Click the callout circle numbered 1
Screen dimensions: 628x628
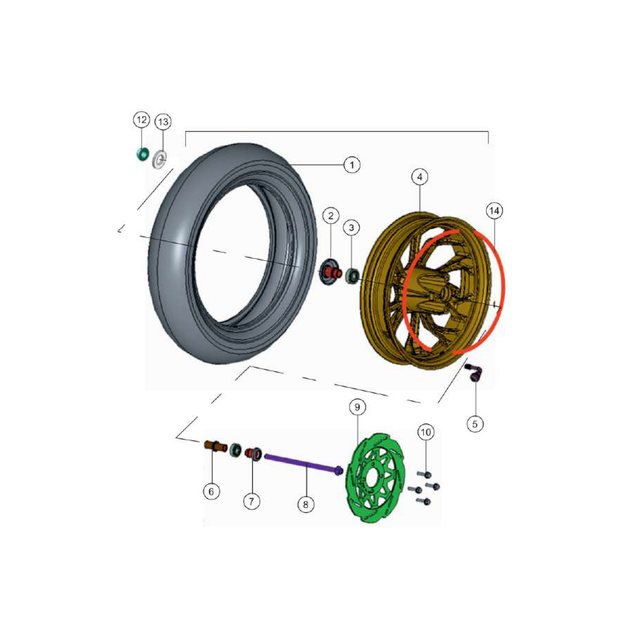tap(352, 165)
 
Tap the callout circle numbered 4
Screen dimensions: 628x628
tap(419, 177)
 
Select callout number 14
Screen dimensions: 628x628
tap(494, 210)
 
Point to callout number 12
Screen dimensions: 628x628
tap(141, 120)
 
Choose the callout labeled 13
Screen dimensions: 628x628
tap(163, 122)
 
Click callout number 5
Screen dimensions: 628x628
tap(475, 424)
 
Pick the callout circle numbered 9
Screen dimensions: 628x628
tap(357, 407)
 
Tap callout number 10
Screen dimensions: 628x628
tap(426, 432)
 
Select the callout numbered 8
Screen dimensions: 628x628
tap(306, 504)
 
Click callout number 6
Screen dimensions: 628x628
tap(212, 491)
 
